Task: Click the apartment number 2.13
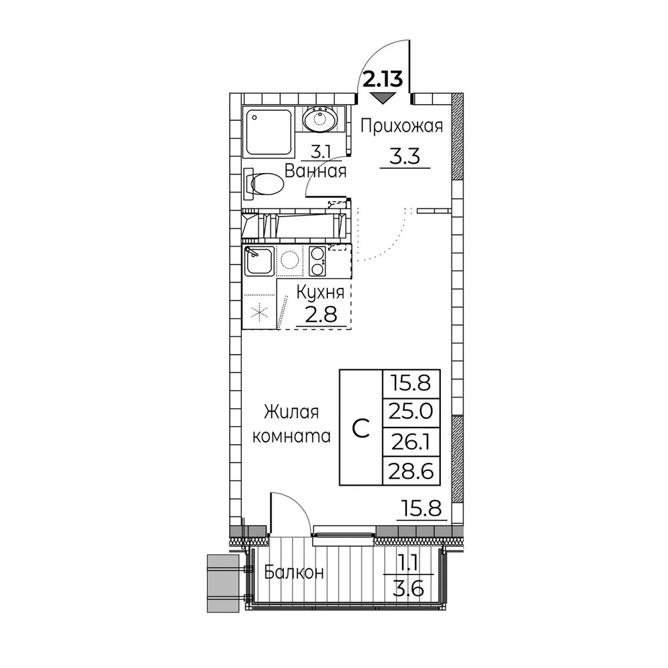pos(382,79)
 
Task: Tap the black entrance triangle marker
pos(382,98)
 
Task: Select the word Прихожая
pos(401,126)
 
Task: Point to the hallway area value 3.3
pos(405,156)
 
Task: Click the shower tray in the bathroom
pos(268,132)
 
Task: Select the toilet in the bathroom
pos(264,184)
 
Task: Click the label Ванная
pos(315,171)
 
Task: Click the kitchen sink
pos(259,260)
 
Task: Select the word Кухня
pos(321,293)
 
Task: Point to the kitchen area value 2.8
pos(321,315)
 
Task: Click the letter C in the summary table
pos(361,428)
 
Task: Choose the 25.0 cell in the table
pos(411,412)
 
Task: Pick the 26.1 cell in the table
pos(411,442)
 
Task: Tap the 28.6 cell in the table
pos(411,471)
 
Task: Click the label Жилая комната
pos(292,424)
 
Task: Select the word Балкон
pos(294,572)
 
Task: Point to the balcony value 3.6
pos(409,591)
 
